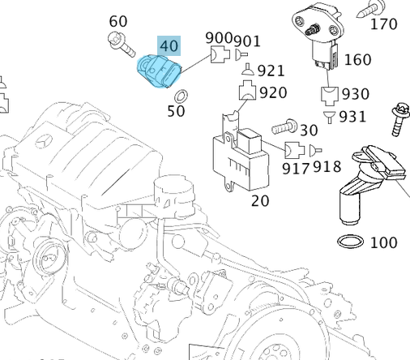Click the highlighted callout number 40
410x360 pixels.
tap(169, 46)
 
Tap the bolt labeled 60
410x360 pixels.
tap(122, 45)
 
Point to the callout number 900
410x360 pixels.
tap(219, 38)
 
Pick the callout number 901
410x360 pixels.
tap(247, 40)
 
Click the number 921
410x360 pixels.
tap(271, 71)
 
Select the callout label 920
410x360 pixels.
tap(273, 92)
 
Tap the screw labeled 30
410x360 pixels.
tap(284, 127)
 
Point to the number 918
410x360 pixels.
tap(327, 168)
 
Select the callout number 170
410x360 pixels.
tap(383, 24)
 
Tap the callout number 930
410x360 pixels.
tap(354, 95)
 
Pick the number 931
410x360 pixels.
tap(353, 116)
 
